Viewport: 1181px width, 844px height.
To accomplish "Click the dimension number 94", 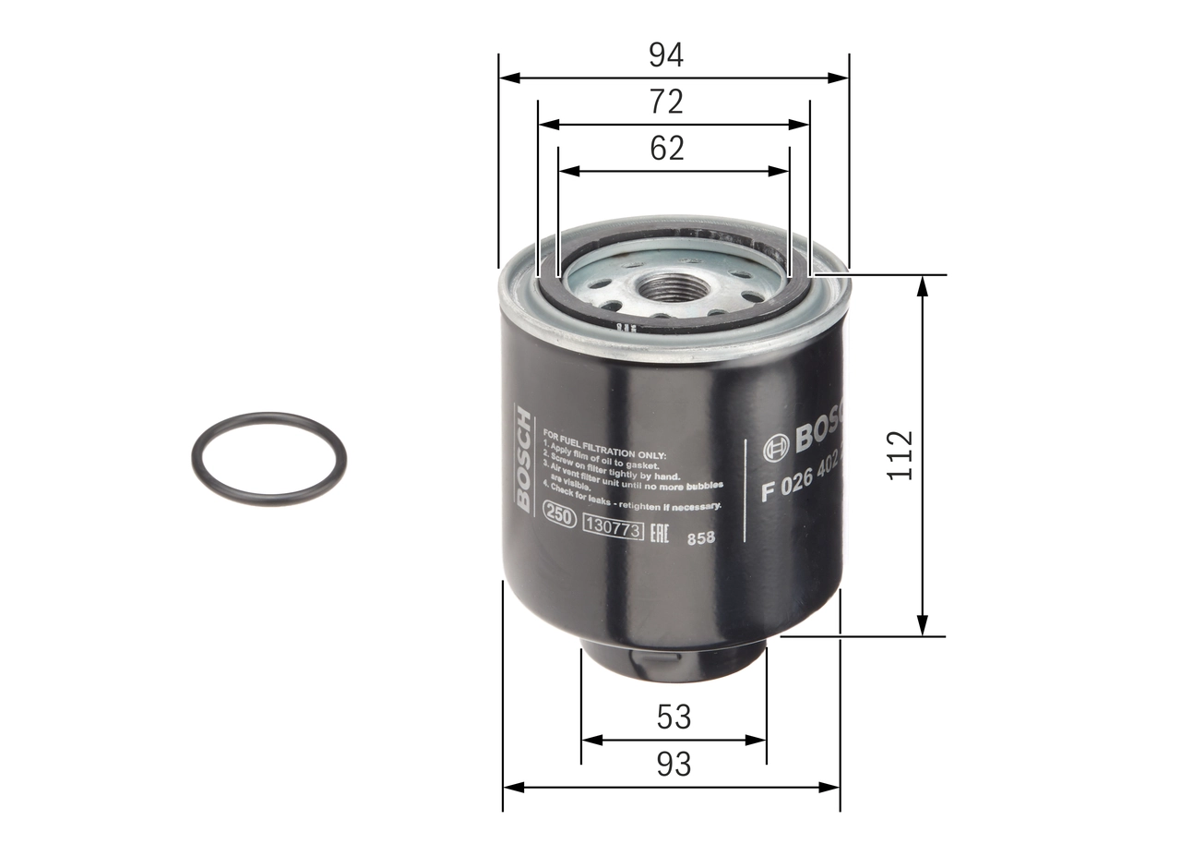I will (665, 55).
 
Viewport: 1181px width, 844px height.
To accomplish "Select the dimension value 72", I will (665, 102).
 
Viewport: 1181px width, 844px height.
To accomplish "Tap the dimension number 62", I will (666, 149).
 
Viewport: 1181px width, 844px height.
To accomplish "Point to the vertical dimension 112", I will (899, 454).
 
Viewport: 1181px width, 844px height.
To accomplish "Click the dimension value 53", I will (674, 717).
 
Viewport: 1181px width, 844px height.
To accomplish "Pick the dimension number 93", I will (674, 765).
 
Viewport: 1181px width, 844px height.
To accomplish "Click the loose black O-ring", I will (269, 457).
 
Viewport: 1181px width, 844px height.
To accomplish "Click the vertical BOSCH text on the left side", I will (523, 459).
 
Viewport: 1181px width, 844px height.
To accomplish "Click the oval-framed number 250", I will (558, 515).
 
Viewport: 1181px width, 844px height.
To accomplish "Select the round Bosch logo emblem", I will (775, 448).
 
